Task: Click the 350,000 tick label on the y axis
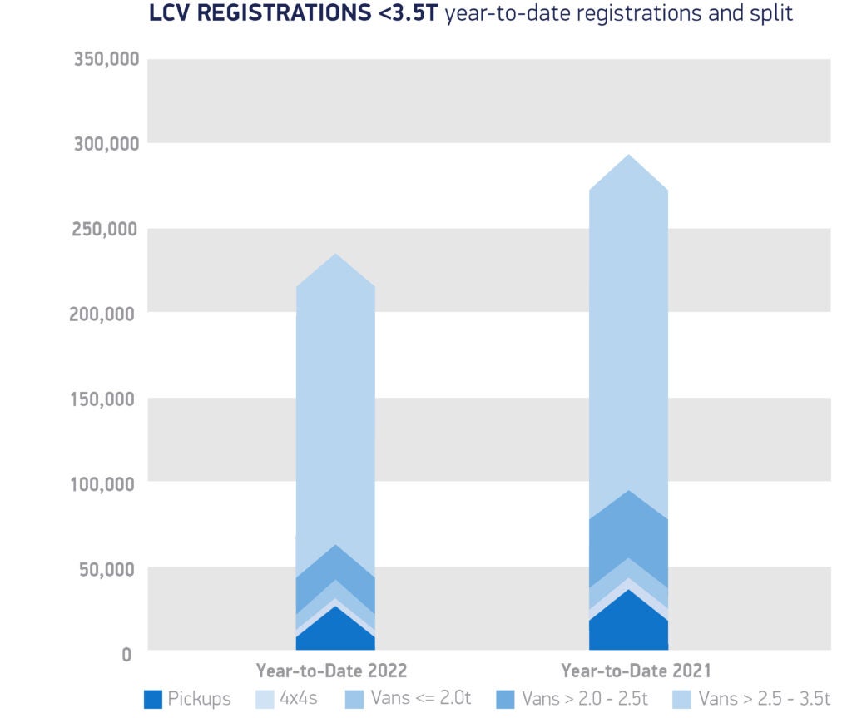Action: (x=105, y=60)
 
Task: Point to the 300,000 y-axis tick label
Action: (x=105, y=144)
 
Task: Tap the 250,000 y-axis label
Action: (x=105, y=230)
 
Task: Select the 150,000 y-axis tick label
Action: (x=105, y=399)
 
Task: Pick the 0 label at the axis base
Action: (x=126, y=655)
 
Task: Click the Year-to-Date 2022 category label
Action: (x=331, y=671)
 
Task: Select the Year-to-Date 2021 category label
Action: (x=636, y=671)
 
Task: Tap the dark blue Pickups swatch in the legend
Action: (x=152, y=699)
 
